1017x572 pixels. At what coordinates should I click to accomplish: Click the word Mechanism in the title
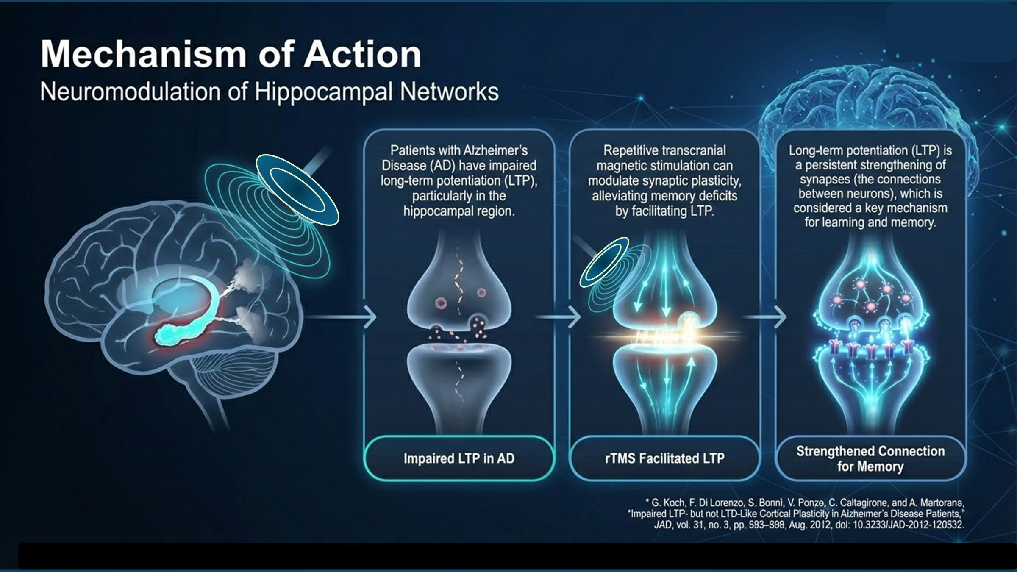click(x=143, y=54)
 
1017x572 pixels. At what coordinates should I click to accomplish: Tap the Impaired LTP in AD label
click(x=459, y=458)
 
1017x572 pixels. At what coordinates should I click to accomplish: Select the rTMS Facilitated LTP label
click(x=665, y=458)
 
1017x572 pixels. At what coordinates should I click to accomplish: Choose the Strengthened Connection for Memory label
click(x=870, y=458)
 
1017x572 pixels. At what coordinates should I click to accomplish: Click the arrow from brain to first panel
click(x=341, y=317)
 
